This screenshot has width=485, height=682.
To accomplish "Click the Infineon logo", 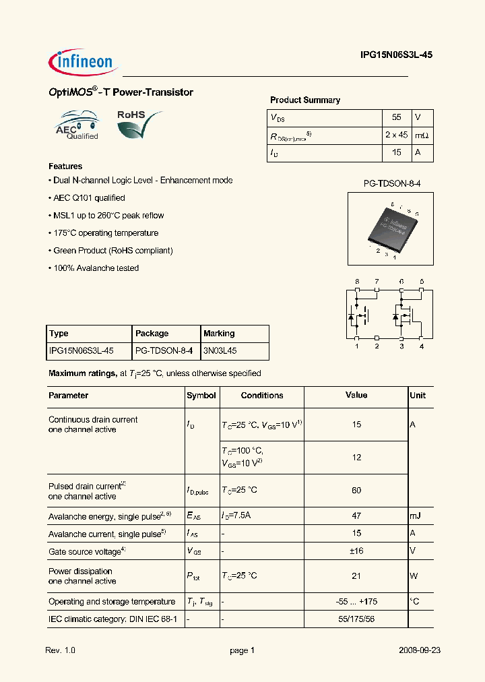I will coord(82,61).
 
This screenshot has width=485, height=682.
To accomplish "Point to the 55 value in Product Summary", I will coord(396,117).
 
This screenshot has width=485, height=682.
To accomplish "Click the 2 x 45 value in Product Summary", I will coord(396,135).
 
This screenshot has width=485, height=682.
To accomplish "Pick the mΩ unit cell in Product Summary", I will coord(422,135).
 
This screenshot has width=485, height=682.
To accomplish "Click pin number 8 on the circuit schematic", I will coord(356,281).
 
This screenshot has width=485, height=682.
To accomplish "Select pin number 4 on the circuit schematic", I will coord(422,346).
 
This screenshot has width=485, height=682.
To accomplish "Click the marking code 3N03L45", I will coord(220,351).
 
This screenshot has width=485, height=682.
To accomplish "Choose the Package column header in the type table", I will coord(152,334).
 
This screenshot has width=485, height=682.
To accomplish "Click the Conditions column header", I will coord(261,396).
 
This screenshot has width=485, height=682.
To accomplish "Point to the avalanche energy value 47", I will coord(356,516).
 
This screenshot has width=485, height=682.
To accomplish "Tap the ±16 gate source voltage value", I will coord(356,551).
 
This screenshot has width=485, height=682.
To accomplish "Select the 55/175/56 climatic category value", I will coord(356,619).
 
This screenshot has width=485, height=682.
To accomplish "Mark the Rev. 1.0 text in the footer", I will coord(62,651).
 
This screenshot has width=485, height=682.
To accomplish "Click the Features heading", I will coord(65,166).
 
